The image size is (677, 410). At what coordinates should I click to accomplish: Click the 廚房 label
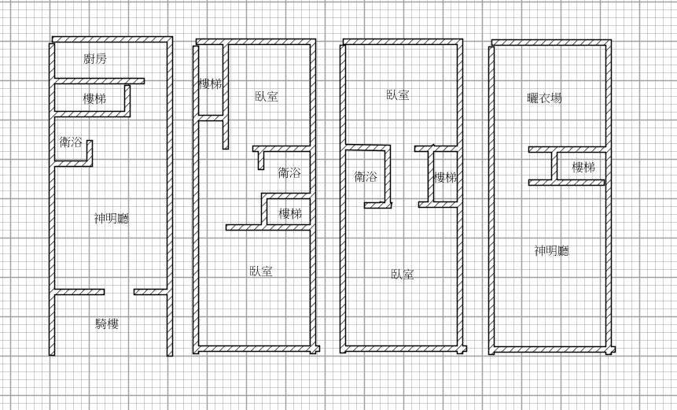tap(95, 58)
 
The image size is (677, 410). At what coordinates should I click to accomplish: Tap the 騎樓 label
tap(107, 323)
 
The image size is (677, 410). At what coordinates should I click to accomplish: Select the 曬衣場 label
tap(545, 98)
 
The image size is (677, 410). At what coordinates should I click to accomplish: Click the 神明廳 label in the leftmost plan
tap(112, 218)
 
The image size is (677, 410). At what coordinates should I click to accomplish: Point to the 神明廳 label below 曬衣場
tap(552, 250)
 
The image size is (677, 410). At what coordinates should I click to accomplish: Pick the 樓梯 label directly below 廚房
tap(94, 98)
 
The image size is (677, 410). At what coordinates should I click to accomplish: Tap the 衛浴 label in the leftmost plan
tap(71, 142)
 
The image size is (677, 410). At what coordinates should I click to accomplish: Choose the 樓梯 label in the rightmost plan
tap(583, 167)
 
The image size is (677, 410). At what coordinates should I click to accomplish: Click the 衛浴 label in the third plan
tap(366, 176)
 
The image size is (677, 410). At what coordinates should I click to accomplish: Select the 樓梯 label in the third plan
tap(446, 177)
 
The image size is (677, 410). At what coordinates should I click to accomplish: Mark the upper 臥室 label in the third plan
tap(398, 95)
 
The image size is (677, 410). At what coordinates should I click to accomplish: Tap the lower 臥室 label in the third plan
tap(403, 275)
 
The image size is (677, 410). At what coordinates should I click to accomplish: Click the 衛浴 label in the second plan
tap(289, 173)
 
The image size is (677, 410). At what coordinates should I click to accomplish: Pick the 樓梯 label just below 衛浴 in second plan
tap(290, 213)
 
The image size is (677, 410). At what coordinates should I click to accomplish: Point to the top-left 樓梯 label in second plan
tap(210, 84)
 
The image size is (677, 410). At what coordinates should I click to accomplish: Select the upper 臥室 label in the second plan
tap(267, 96)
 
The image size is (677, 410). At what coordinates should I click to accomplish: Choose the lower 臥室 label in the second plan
tap(261, 271)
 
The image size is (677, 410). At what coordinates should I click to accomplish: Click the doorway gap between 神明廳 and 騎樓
tap(120, 292)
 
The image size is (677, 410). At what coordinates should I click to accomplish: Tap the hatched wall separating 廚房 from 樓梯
tap(99, 81)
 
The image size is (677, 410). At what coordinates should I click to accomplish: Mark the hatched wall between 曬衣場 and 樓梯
tap(566, 150)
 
